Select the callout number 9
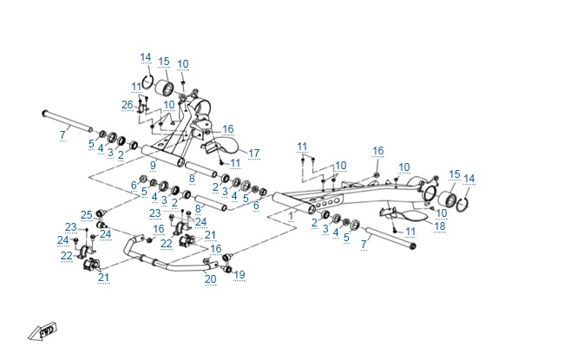click(153, 166)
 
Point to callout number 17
click(254, 154)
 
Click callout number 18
click(440, 226)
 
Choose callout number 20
click(211, 278)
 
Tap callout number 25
click(86, 214)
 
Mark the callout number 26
click(128, 106)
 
